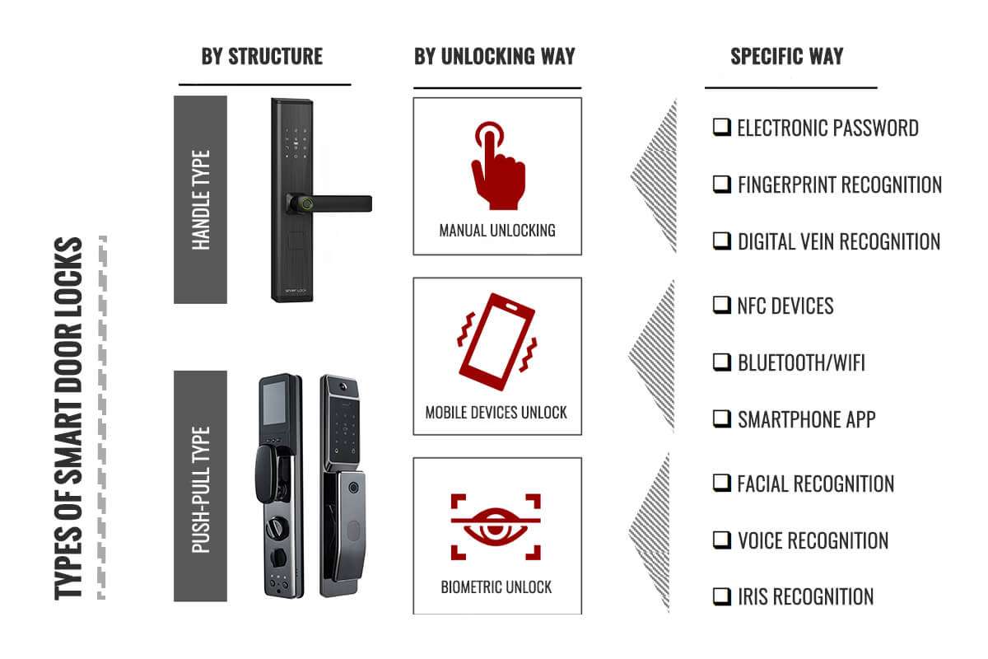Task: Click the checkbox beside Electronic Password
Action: click(722, 127)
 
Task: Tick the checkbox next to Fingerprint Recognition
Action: click(722, 185)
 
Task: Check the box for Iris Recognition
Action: click(722, 596)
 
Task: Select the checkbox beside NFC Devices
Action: click(722, 305)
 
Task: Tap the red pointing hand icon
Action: click(498, 166)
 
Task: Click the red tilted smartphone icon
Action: click(497, 342)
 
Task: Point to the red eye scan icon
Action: click(496, 527)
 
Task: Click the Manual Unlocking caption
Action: click(497, 231)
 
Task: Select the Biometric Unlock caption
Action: click(496, 587)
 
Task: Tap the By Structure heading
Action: click(262, 57)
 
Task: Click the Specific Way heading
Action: click(787, 57)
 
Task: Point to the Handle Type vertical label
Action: click(201, 200)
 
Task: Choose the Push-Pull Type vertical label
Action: click(201, 489)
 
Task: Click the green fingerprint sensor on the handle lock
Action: click(307, 204)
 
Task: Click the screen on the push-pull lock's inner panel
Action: click(274, 403)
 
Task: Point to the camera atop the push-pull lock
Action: click(343, 387)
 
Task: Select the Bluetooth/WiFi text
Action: click(801, 362)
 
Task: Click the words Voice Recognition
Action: click(813, 540)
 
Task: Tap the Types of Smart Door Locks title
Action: click(68, 418)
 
